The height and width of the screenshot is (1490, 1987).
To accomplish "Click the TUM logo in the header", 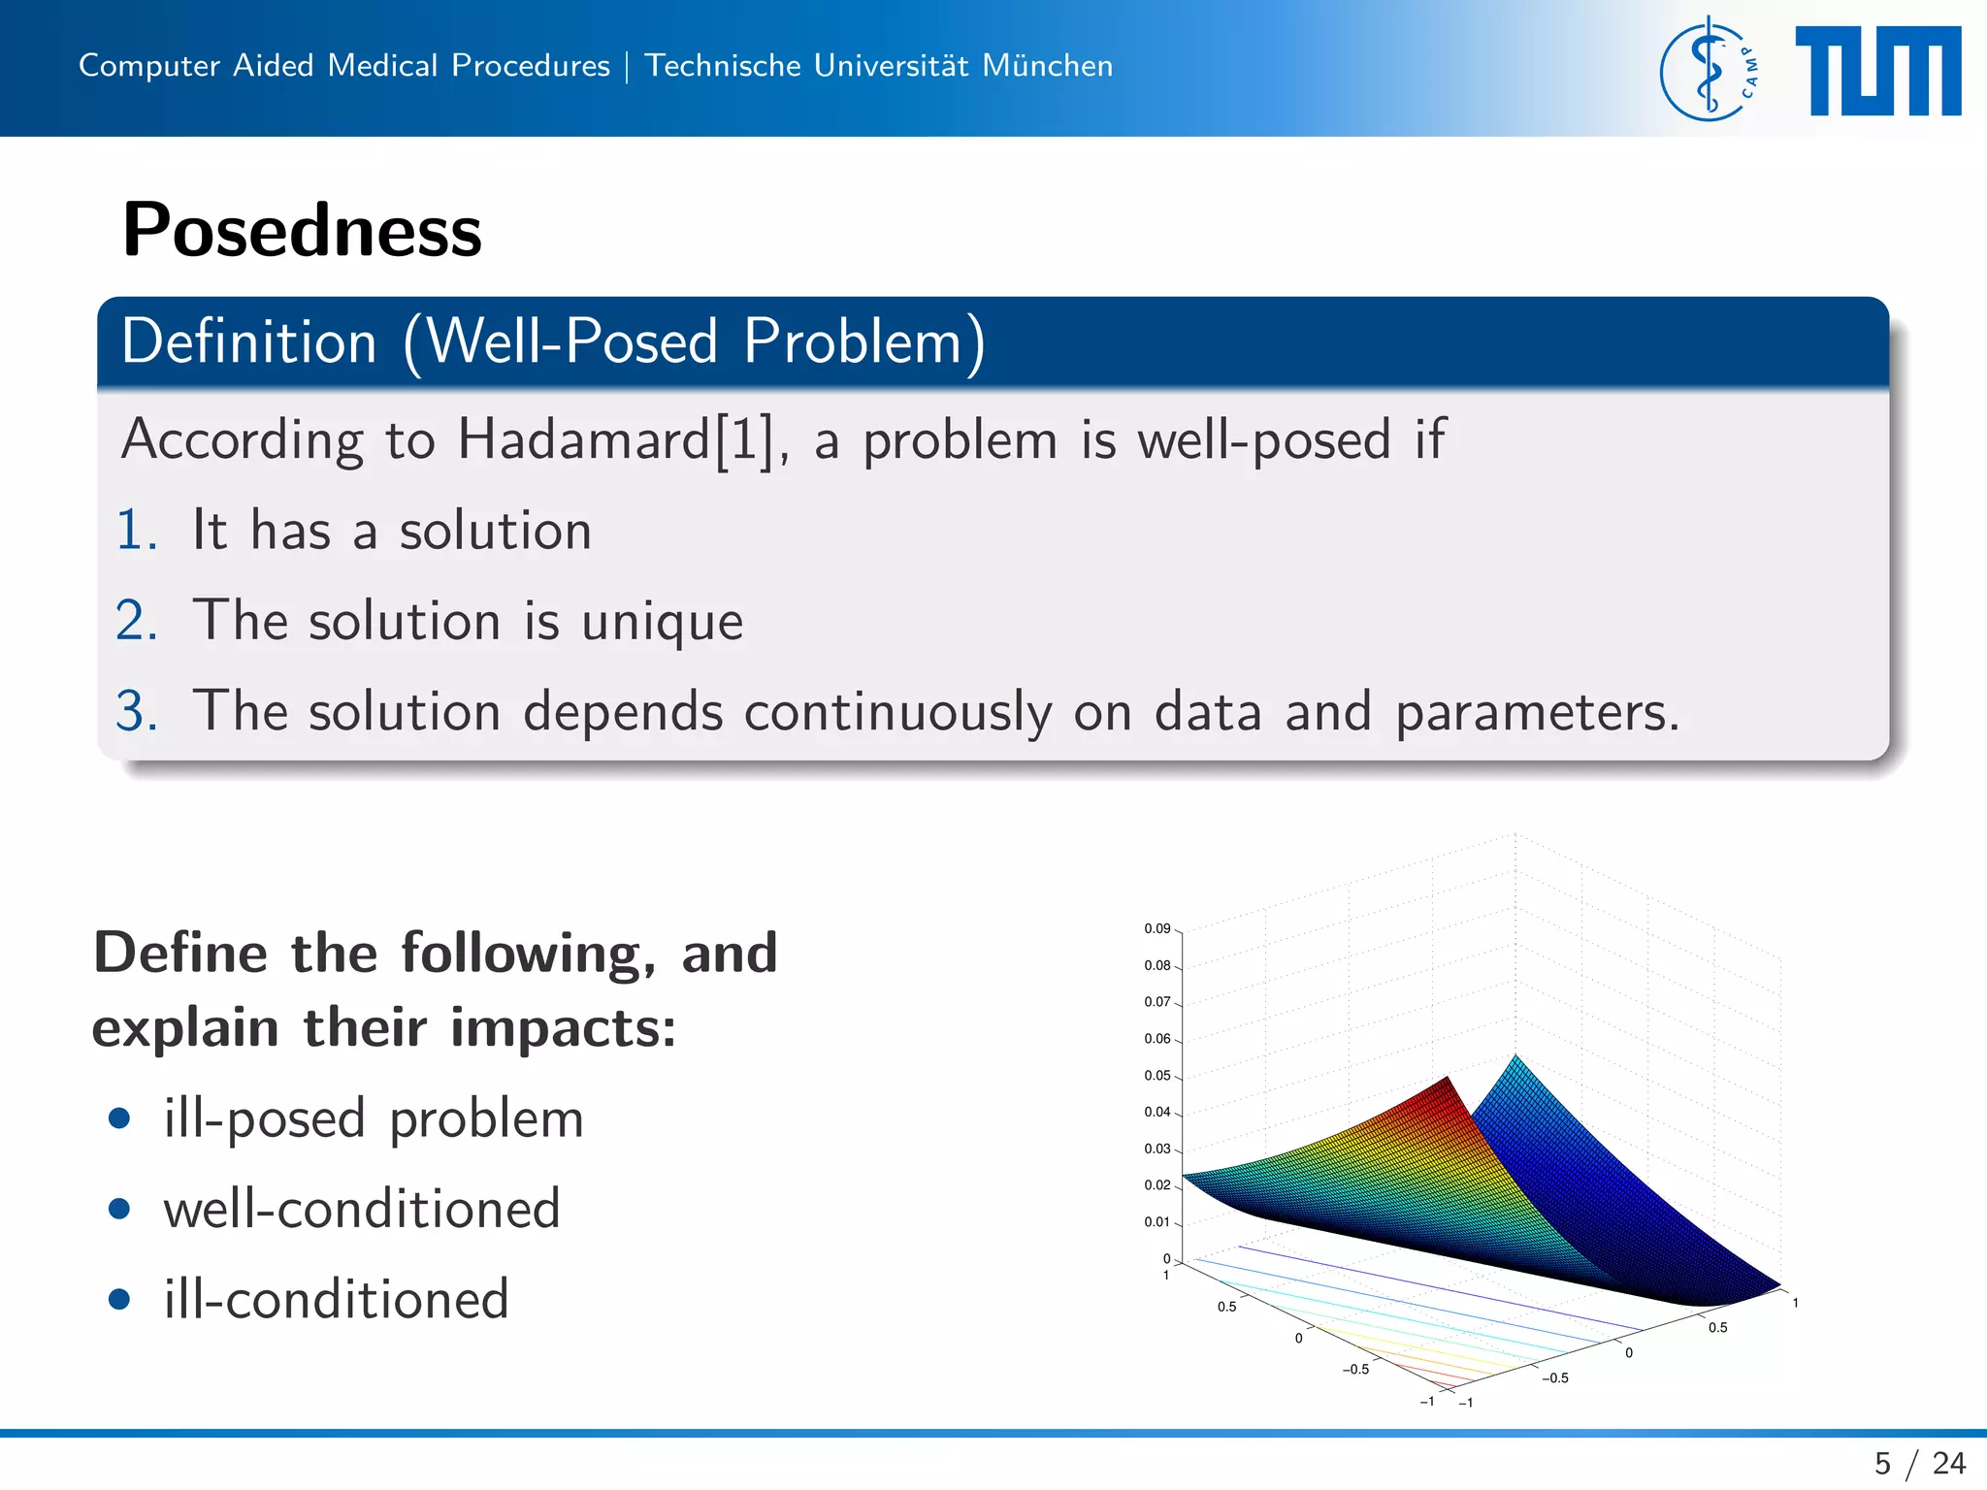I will [1877, 71].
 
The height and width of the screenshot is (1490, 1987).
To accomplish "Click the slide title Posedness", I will [302, 231].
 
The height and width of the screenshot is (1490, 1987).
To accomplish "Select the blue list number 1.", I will [136, 531].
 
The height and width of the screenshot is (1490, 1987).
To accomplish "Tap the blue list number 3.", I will [136, 711].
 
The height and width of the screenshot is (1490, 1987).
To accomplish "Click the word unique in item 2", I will [662, 622].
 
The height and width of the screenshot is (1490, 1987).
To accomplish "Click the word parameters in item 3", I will [1536, 713].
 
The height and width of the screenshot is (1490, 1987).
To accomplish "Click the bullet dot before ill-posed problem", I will [119, 1118].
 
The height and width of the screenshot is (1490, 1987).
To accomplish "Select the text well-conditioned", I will [362, 1209].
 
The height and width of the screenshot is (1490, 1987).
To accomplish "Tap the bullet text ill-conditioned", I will [336, 1299].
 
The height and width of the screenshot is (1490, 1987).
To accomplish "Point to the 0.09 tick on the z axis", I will [1156, 928].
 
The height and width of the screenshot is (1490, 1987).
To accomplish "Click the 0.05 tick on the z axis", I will [1156, 1075].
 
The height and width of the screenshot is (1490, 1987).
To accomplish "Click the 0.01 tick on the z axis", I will [1156, 1221].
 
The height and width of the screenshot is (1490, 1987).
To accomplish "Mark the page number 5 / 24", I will [1919, 1463].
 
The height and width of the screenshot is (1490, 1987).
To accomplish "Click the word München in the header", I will [1047, 65].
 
